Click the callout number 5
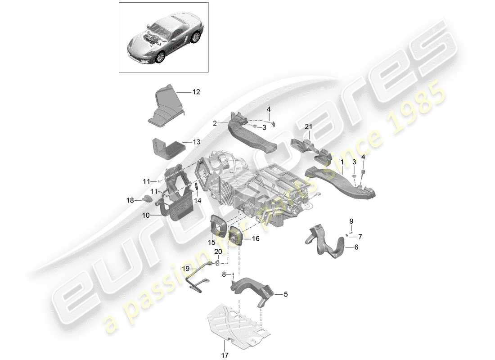285,295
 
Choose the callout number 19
186,269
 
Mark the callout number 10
145,216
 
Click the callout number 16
255,239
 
